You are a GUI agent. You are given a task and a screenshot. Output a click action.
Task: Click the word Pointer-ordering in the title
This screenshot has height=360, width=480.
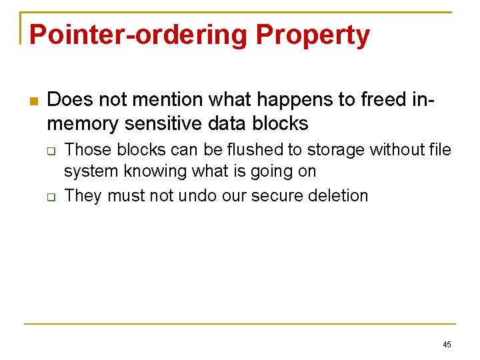click(x=137, y=35)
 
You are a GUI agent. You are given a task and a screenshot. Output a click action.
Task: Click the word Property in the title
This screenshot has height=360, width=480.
click(x=313, y=35)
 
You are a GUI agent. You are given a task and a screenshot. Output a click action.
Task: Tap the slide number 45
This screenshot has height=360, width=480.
click(x=447, y=345)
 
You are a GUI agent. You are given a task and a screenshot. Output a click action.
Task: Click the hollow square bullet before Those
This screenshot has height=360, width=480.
click(x=51, y=151)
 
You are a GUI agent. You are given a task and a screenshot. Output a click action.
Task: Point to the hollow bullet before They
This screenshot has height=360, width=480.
click(x=51, y=196)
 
